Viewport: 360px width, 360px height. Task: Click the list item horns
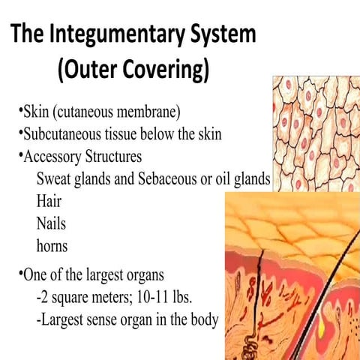[52, 244]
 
